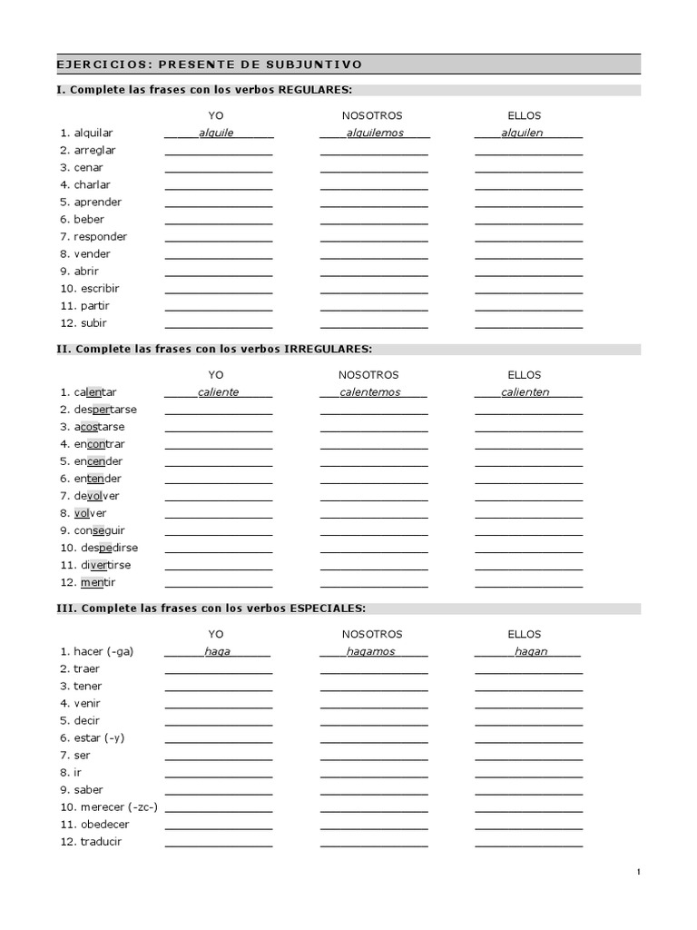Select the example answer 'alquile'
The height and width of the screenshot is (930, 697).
(216, 133)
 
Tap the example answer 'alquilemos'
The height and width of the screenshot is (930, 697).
(374, 133)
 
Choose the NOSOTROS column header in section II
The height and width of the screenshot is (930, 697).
(368, 375)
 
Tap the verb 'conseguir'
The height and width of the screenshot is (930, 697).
(100, 530)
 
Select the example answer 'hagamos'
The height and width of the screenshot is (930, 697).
(371, 651)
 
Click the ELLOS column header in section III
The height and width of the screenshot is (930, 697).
(524, 634)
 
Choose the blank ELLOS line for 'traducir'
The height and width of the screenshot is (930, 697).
(529, 844)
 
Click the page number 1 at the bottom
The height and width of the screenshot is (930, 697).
(638, 873)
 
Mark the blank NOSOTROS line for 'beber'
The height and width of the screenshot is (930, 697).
(374, 222)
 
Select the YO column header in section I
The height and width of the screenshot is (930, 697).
(216, 116)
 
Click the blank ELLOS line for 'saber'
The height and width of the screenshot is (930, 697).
(529, 792)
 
